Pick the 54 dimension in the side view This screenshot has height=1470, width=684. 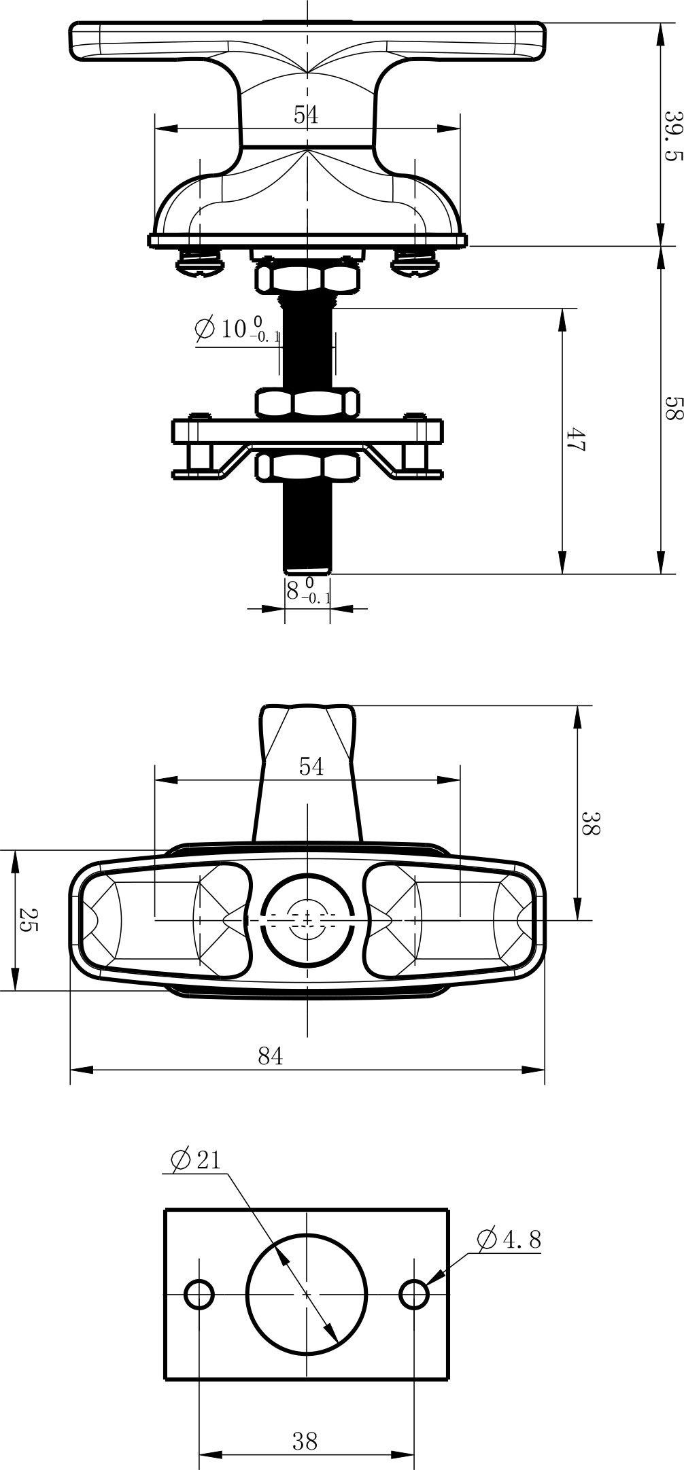(306, 115)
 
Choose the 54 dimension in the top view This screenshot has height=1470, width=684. (311, 767)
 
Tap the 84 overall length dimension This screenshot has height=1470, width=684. (270, 1055)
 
